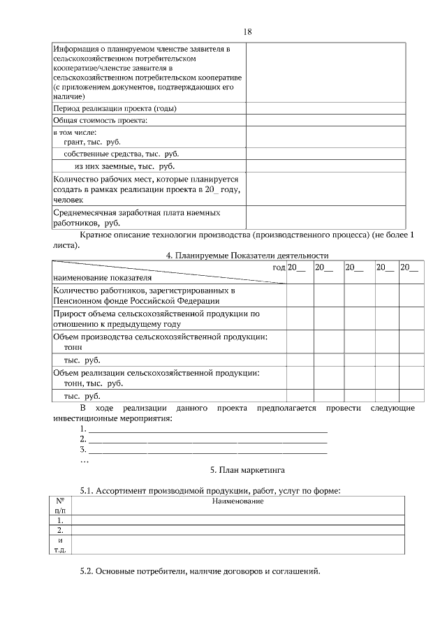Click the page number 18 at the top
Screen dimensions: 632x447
pos(247,32)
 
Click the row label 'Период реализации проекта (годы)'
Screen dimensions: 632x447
pos(110,108)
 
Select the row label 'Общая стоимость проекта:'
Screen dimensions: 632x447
pos(96,120)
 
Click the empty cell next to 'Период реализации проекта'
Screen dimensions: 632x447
pos(325,108)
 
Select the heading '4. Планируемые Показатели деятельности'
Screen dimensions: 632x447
pos(247,256)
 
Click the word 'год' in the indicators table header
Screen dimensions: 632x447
pos(279,267)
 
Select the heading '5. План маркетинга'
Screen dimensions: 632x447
pos(247,469)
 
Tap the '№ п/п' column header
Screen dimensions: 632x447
pos(60,506)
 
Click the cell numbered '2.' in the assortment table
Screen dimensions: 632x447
pos(60,530)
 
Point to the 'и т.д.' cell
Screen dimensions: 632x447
pos(60,545)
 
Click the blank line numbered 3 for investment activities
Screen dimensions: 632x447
pos(207,450)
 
